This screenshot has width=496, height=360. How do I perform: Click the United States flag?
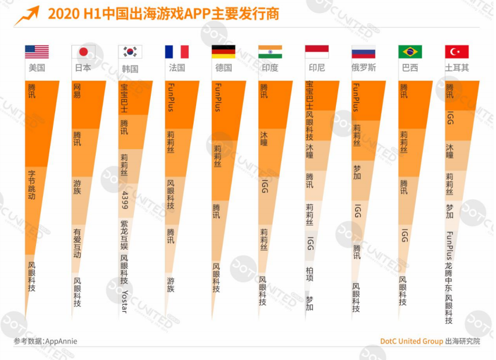click(37, 52)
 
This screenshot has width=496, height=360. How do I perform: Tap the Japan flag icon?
click(83, 52)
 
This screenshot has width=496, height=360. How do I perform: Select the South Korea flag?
click(130, 52)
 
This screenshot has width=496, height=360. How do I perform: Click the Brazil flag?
click(410, 52)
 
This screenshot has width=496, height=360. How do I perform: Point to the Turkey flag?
click(457, 52)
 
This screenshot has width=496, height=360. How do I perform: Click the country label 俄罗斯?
click(364, 68)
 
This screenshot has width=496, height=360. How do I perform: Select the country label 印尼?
click(317, 68)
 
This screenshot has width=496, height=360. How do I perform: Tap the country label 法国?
click(176, 68)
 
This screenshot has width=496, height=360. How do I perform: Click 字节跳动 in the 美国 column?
click(31, 185)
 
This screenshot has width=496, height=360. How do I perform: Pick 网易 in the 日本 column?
click(77, 91)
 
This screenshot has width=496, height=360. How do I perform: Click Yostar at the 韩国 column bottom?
click(124, 300)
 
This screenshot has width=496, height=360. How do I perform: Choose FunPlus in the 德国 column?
click(218, 98)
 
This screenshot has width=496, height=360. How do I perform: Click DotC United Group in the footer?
click(411, 341)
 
